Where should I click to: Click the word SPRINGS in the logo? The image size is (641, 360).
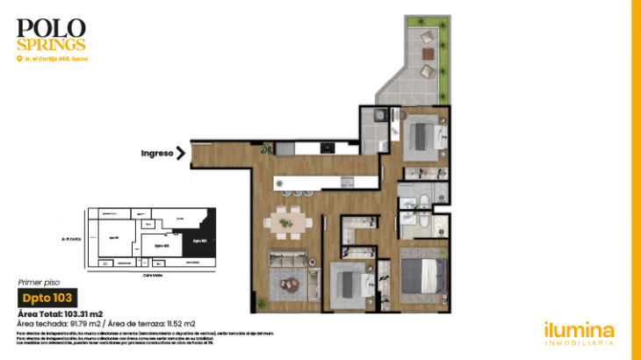(x=51, y=43)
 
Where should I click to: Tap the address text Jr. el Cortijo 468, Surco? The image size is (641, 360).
(x=56, y=59)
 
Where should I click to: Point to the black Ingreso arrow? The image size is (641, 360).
(x=181, y=154)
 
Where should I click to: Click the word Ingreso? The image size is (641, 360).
(x=155, y=154)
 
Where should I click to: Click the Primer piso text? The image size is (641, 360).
(x=38, y=283)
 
